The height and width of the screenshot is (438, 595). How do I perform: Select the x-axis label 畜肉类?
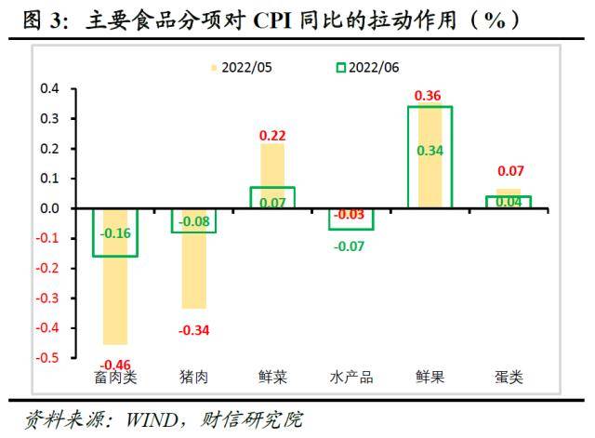pos(115,377)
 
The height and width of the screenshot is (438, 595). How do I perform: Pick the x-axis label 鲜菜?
pos(272,377)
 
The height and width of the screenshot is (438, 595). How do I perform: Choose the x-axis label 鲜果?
pos(429,377)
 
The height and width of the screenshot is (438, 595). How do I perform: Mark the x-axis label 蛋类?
pos(508,377)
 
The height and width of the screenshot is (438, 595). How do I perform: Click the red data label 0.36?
pos(429,95)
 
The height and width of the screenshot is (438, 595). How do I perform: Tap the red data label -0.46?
pos(114,364)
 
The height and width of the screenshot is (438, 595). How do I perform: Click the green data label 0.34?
pos(429,151)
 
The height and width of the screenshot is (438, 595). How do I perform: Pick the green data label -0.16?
pos(114,233)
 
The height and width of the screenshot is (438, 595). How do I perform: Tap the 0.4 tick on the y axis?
pos(48,89)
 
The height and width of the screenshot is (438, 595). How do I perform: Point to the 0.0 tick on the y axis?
pos(48,208)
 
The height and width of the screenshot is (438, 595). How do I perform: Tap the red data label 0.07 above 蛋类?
pos(508,172)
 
